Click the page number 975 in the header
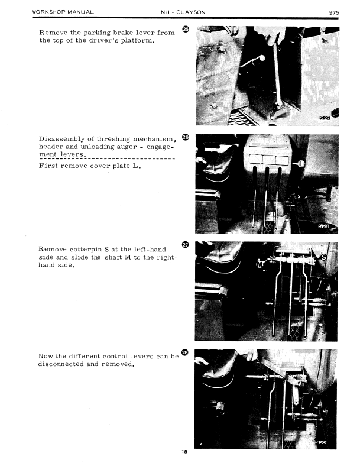pos(334,12)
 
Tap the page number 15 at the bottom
pos(184,452)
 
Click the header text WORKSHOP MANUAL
pos(63,12)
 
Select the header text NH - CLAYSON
pos(183,12)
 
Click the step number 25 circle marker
pos(186,29)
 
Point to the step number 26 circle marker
pos(186,137)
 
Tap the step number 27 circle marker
pos(185,244)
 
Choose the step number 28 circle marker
pos(184,352)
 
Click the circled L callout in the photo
pos(301,163)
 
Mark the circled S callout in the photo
pos(324,257)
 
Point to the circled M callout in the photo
pos(259,264)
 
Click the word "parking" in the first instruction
pos(96,33)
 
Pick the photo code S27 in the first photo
pos(325,118)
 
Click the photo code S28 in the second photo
pos(324,226)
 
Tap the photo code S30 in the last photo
pos(321,442)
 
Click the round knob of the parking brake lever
pos(261,58)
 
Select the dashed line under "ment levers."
pos(107,158)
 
